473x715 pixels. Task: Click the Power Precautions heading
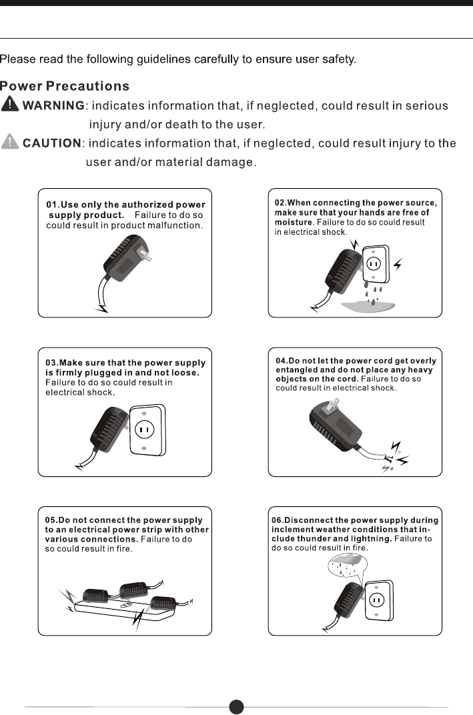click(x=65, y=86)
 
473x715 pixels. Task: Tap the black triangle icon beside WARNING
click(x=10, y=105)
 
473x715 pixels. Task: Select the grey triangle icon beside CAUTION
click(x=10, y=142)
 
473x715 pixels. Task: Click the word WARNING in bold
click(x=54, y=105)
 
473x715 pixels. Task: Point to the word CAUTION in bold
click(x=52, y=143)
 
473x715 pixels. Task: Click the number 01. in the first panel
click(x=53, y=205)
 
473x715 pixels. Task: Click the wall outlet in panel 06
click(x=378, y=599)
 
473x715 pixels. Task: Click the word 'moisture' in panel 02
click(x=294, y=221)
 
